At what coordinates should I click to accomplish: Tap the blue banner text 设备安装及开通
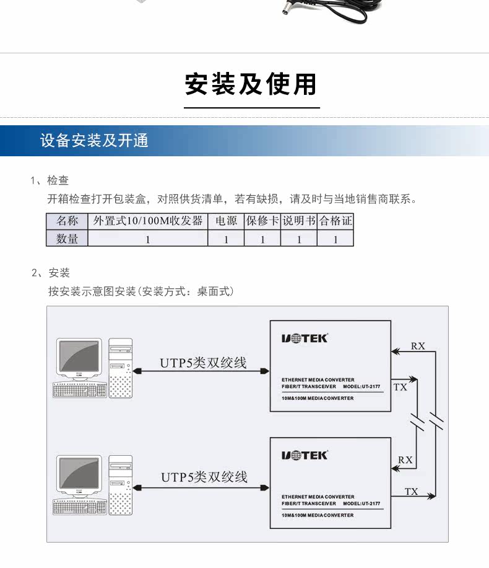point(94,140)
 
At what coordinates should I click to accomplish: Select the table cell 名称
point(67,221)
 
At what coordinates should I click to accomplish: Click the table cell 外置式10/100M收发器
point(148,221)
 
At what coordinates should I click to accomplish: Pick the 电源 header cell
point(226,221)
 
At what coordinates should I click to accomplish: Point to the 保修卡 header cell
point(262,221)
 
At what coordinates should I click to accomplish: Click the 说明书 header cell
point(299,221)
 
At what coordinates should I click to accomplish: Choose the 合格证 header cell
point(335,221)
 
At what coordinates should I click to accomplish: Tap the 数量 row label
point(67,239)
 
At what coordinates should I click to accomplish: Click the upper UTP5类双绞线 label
point(203,363)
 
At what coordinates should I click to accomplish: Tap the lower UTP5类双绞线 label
point(204,477)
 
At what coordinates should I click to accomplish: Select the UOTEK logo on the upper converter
point(305,339)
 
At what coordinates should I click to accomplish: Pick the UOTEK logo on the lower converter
point(305,456)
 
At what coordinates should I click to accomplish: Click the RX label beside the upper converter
point(418,346)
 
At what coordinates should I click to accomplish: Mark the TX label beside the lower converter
point(412,492)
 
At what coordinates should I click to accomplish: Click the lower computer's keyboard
point(80,507)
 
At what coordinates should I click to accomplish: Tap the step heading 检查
point(58,180)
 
